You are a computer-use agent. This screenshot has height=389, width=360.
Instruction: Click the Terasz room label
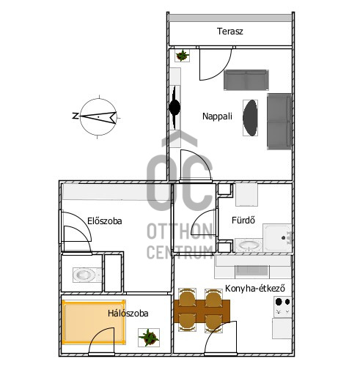(x=229, y=32)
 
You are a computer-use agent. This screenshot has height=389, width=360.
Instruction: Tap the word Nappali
(x=217, y=116)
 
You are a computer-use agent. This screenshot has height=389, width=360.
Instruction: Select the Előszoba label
(x=105, y=221)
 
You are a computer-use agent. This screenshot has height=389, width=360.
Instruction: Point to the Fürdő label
(x=243, y=220)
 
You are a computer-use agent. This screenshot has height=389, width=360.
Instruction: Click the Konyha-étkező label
(x=254, y=289)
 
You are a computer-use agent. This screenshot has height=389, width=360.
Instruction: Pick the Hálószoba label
(x=128, y=313)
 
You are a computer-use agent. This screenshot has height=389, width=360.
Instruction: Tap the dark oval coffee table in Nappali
(x=250, y=118)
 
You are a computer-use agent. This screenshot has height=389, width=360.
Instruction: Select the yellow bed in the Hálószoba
(x=94, y=322)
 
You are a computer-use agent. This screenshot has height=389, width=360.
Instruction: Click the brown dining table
(x=202, y=311)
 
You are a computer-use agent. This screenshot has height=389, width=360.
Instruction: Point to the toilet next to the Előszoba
(x=87, y=275)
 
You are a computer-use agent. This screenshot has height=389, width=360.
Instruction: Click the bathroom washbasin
(x=249, y=245)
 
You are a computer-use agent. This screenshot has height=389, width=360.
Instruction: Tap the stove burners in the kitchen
(x=282, y=307)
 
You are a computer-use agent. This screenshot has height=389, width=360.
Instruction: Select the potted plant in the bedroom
(x=149, y=338)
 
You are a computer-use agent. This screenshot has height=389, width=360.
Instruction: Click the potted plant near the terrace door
(x=183, y=56)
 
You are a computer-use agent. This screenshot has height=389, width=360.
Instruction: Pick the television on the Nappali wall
(x=175, y=108)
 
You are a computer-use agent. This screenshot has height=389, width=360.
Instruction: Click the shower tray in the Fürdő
(x=277, y=238)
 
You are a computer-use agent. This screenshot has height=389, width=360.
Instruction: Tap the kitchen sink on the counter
(x=252, y=271)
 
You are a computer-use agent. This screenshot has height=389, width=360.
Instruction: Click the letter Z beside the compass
(x=75, y=116)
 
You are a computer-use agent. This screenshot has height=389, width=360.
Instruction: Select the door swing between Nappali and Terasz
(x=216, y=64)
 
